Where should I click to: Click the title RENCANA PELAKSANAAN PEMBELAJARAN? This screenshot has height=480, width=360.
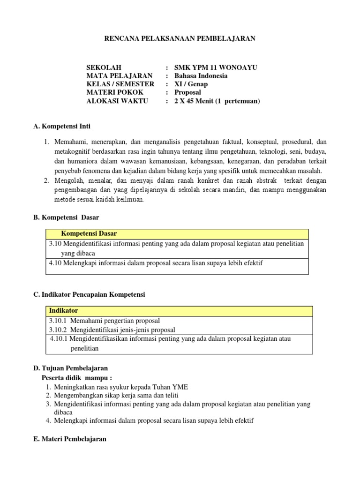(x=180, y=38)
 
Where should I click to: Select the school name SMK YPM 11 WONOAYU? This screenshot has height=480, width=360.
(x=216, y=67)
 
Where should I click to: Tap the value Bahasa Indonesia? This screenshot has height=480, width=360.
(x=201, y=76)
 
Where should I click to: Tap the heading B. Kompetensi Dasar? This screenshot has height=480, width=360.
(x=66, y=217)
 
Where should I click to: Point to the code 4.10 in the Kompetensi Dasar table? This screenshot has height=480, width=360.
(x=55, y=263)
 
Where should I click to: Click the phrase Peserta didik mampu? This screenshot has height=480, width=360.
(x=77, y=378)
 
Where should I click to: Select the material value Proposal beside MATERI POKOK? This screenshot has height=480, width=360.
(x=187, y=92)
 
